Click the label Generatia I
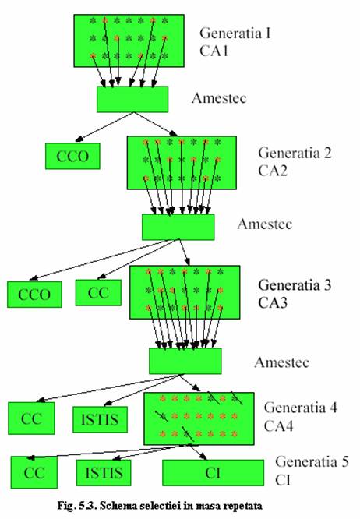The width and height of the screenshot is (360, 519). click(x=235, y=33)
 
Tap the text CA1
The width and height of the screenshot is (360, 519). click(x=214, y=51)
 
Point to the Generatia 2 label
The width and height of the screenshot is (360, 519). click(x=295, y=153)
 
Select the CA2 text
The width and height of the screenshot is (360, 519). click(x=273, y=171)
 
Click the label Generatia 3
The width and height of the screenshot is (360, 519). click(x=295, y=284)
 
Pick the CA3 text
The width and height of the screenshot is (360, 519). click(x=273, y=302)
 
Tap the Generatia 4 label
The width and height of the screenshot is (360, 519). click(x=300, y=408)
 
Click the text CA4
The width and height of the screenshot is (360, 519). click(x=279, y=425)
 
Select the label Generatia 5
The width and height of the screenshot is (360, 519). click(x=312, y=461)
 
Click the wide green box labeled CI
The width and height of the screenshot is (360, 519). click(x=213, y=473)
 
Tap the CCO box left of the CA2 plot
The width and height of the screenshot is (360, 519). click(x=72, y=156)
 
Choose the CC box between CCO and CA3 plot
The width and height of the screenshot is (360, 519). click(x=98, y=292)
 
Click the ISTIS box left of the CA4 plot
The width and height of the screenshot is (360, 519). click(x=100, y=419)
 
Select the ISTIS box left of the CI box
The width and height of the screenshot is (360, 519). click(x=104, y=473)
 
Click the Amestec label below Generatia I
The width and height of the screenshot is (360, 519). click(x=219, y=98)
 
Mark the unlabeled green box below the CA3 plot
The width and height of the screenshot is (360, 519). click(x=185, y=361)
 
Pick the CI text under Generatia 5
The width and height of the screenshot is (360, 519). click(x=283, y=480)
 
